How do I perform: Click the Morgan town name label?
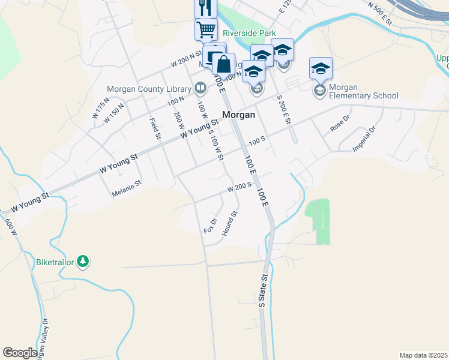click(238, 115)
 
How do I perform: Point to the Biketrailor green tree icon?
click(83, 261)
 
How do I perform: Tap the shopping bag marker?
click(223, 64)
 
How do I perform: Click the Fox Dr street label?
click(210, 226)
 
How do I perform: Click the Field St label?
click(155, 128)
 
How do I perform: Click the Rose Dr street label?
click(339, 124)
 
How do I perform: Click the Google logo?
click(20, 352)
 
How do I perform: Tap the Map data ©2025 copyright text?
click(423, 355)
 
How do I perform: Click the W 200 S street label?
click(238, 188)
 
